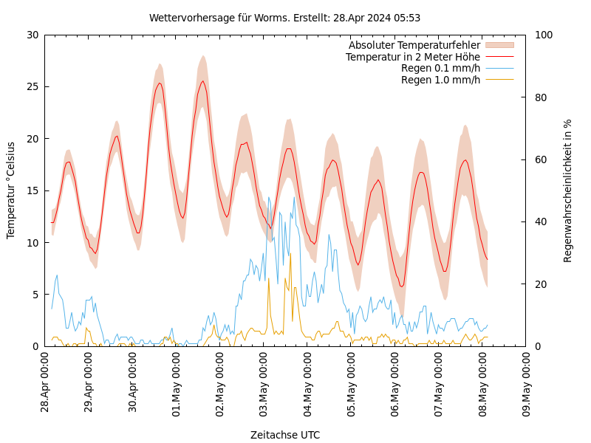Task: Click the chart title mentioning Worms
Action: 284,18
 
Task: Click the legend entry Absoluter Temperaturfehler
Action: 414,45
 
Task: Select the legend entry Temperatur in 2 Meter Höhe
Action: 412,57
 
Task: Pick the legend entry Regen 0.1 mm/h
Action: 440,68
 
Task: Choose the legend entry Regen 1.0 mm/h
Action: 440,80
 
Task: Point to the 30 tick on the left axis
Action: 32,35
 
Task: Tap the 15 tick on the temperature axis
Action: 32,190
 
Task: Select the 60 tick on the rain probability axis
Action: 540,159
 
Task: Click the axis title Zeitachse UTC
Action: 284,435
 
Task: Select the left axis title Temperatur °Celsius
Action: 11,190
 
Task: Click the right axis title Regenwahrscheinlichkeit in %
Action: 567,190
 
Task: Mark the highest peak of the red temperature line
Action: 203,81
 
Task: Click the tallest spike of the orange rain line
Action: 290,255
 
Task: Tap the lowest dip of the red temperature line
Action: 401,286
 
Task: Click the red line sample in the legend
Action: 499,57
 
